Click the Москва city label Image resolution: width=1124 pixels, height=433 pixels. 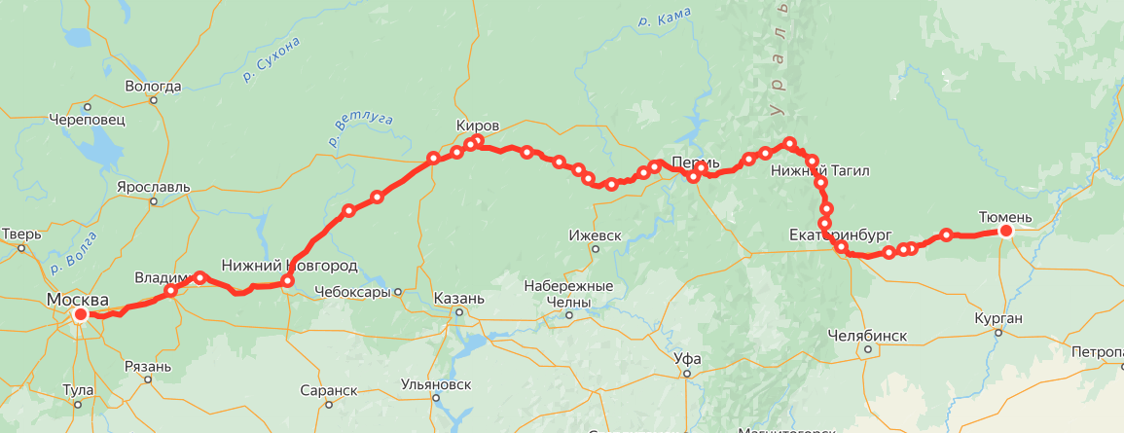click(78, 300)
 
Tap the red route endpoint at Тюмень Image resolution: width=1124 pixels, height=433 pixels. click(1006, 232)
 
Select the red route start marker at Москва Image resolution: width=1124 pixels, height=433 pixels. click(81, 314)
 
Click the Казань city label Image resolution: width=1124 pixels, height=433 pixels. click(455, 298)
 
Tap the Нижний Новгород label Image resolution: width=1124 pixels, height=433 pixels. click(289, 265)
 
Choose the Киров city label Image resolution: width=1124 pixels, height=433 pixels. click(478, 126)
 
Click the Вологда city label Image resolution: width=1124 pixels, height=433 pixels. click(154, 86)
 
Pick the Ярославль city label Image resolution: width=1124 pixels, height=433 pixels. click(153, 186)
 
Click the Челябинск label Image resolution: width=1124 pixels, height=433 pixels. click(866, 336)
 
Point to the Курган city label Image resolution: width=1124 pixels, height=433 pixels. click(997, 318)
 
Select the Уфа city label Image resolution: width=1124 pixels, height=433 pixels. click(687, 357)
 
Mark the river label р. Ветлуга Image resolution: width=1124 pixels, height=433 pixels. click(362, 130)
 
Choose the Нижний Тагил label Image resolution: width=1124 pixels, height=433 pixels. click(819, 170)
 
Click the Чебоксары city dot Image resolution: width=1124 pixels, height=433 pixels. click(398, 292)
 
